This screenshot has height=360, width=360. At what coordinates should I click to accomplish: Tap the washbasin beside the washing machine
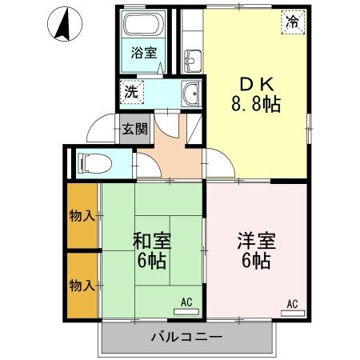(x=190, y=94)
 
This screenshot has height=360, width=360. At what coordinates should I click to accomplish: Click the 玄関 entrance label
(x=134, y=128)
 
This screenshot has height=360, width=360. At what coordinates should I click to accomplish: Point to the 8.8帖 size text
(x=256, y=103)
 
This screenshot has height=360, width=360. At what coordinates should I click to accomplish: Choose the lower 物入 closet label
(x=82, y=285)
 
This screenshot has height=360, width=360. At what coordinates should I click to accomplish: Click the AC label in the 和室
(x=186, y=302)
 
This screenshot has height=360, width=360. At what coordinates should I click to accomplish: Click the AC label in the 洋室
(x=292, y=303)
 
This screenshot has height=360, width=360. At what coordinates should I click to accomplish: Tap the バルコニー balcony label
(x=186, y=337)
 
